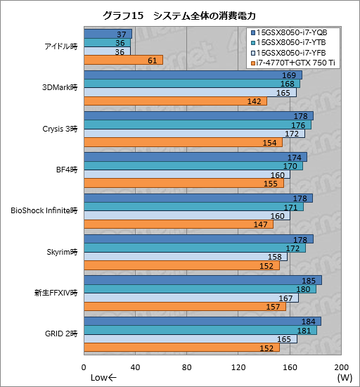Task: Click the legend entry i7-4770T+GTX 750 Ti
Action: [x=297, y=64]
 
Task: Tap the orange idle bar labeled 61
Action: [x=123, y=61]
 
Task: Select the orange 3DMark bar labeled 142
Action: [x=175, y=101]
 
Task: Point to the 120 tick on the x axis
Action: [x=238, y=367]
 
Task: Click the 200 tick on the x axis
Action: [x=342, y=367]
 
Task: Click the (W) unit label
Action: [x=345, y=378]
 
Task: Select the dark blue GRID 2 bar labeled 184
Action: [x=202, y=322]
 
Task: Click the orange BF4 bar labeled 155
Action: [x=184, y=184]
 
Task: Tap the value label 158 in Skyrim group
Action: [x=279, y=257]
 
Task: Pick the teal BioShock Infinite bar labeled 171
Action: [x=193, y=207]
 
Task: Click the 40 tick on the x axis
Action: [x=135, y=367]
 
